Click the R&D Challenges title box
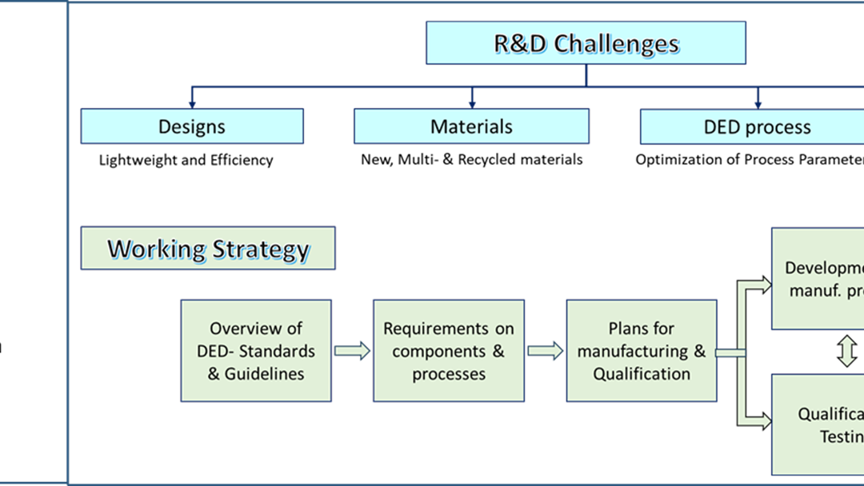[x=586, y=43]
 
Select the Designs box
[x=192, y=126]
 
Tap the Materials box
[x=471, y=126]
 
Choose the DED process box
[x=756, y=127]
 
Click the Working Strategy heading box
[x=208, y=249]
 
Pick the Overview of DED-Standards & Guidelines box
[x=256, y=351]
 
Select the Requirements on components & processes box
[x=449, y=351]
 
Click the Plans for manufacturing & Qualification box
[x=642, y=351]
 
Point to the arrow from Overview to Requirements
[x=352, y=351]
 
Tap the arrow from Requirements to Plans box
[x=546, y=351]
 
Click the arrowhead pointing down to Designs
[x=192, y=102]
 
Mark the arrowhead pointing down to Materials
[x=472, y=102]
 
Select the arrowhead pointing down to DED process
[x=758, y=102]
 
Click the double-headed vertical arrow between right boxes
[x=847, y=352]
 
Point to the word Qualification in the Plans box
[x=642, y=373]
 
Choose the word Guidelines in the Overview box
[x=264, y=373]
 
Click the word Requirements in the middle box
[x=436, y=329]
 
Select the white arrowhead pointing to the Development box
[x=764, y=285]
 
